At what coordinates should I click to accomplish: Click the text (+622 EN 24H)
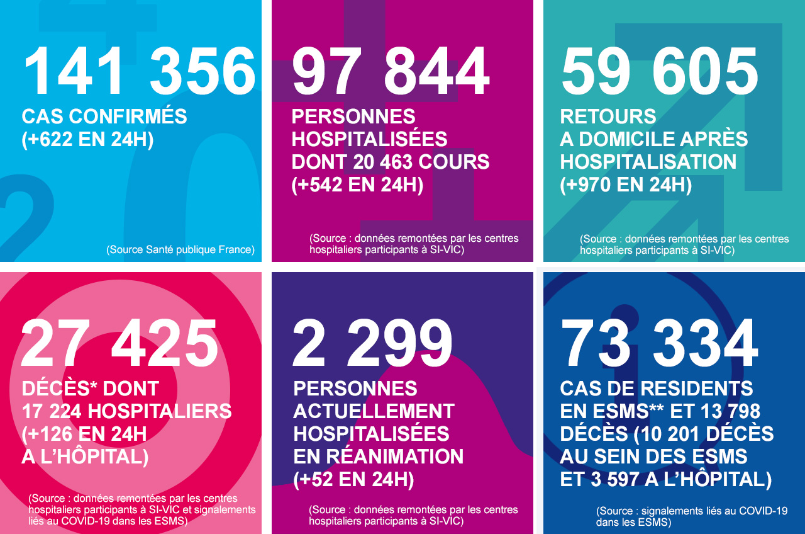pyautogui.click(x=87, y=139)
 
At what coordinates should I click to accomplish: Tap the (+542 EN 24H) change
pyautogui.click(x=357, y=185)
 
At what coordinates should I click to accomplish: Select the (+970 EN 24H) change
pyautogui.click(x=626, y=185)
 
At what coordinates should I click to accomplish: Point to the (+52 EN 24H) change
pyautogui.click(x=353, y=479)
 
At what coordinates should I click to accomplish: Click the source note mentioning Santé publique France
pyautogui.click(x=180, y=249)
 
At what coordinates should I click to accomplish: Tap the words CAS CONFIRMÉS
pyautogui.click(x=104, y=116)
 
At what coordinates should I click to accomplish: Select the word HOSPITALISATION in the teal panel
pyautogui.click(x=648, y=162)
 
